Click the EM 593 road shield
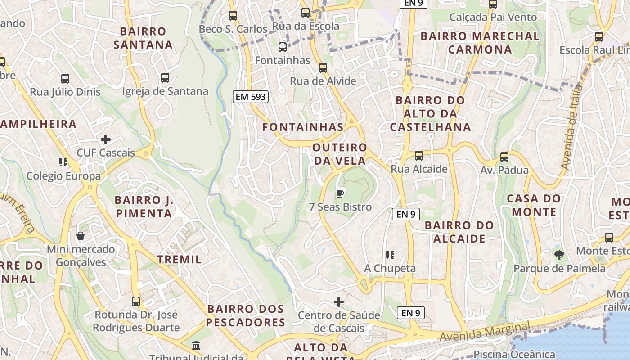(250, 96)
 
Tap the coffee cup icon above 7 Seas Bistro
(340, 193)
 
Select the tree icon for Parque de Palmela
(559, 255)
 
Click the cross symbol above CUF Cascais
(106, 139)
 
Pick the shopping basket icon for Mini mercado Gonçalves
(81, 235)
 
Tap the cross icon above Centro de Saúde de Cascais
(339, 301)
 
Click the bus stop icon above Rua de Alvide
(323, 68)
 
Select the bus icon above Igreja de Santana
(165, 78)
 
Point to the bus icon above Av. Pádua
(504, 157)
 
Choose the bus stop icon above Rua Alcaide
(419, 156)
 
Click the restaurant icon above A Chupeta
(390, 255)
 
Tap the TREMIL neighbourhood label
(180, 259)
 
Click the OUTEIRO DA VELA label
(340, 154)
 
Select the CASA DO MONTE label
(534, 205)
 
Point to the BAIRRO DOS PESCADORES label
(246, 315)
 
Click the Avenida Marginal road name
(485, 331)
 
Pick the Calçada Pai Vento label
(493, 18)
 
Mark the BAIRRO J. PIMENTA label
(144, 207)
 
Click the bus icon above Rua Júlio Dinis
(65, 79)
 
